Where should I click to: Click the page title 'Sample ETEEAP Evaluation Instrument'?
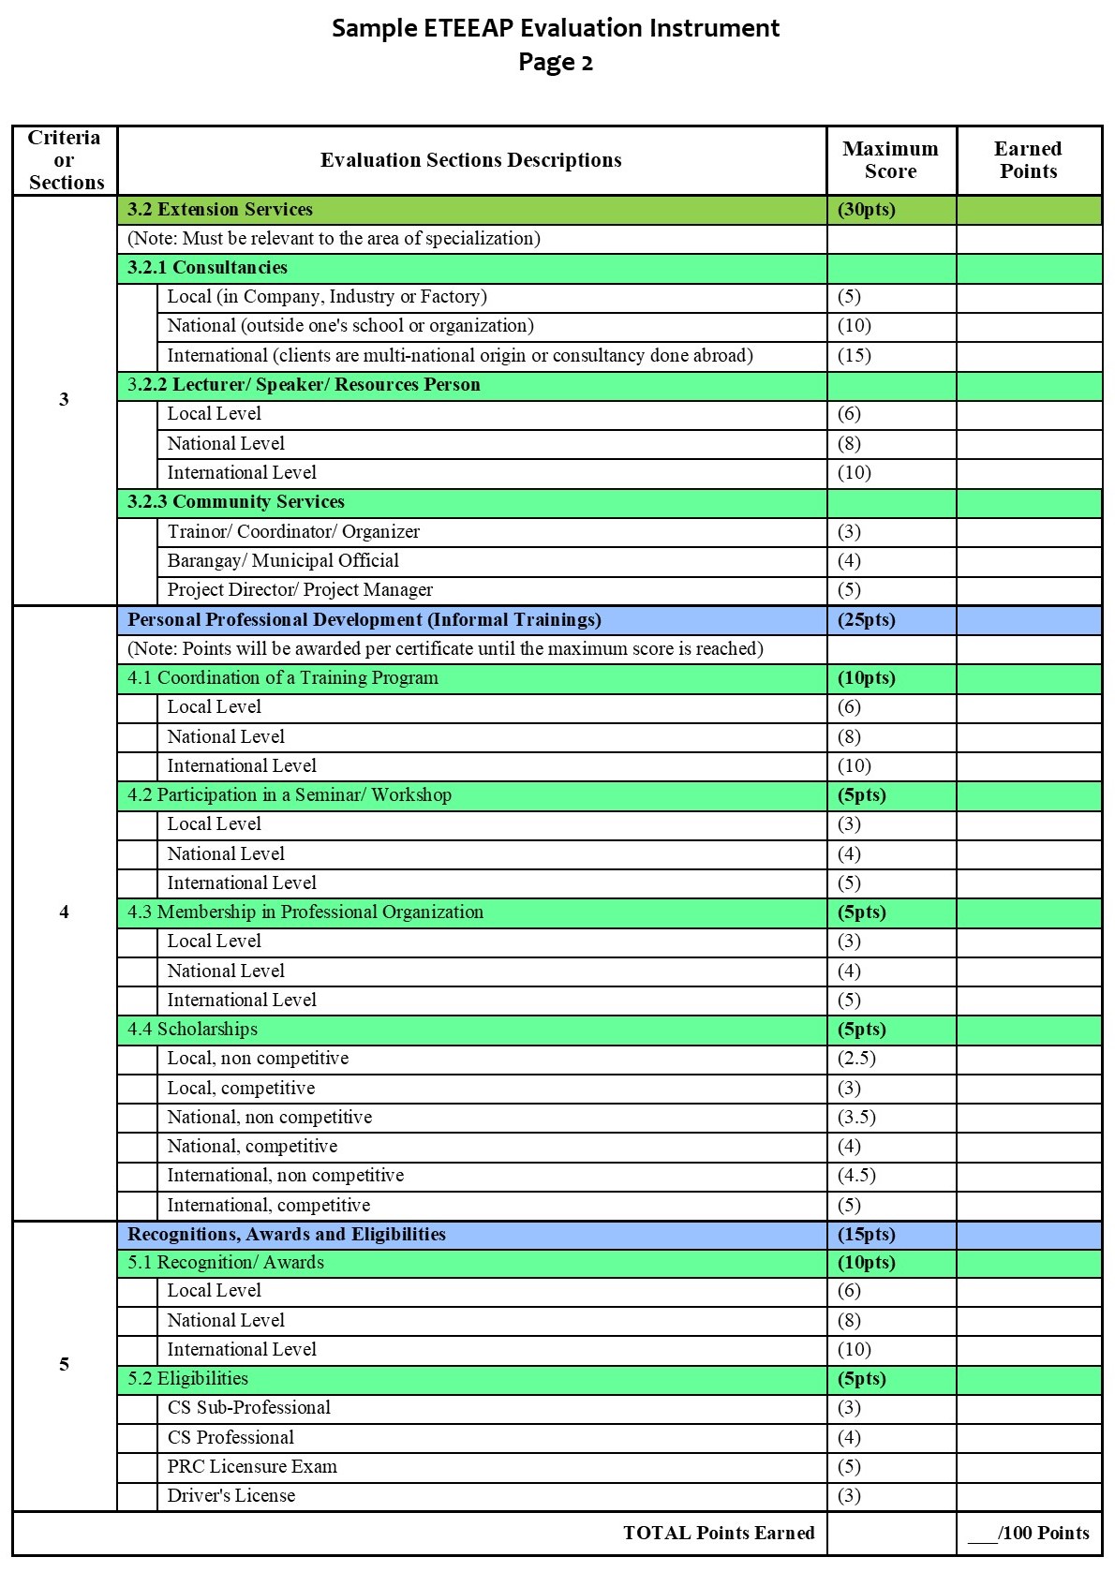click(x=556, y=28)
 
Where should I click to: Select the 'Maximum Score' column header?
click(x=890, y=160)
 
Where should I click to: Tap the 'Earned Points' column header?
click(x=1028, y=160)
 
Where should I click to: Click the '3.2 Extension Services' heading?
click(x=220, y=210)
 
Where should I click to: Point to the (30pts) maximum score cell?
click(x=867, y=210)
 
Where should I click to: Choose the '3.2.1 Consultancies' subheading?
click(x=207, y=268)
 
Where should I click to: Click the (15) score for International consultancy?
click(x=855, y=356)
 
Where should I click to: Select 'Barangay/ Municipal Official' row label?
click(x=283, y=561)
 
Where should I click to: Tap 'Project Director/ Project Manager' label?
click(x=300, y=590)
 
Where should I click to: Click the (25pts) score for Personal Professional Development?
click(x=867, y=620)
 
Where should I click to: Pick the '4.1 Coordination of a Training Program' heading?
click(x=283, y=678)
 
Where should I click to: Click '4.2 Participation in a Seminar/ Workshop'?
click(x=290, y=795)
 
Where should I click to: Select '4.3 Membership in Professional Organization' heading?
click(x=305, y=912)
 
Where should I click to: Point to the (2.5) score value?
click(x=857, y=1059)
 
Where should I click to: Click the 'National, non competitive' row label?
click(x=270, y=1118)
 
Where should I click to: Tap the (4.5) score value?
click(x=857, y=1176)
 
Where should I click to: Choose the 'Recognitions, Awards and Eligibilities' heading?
click(x=287, y=1235)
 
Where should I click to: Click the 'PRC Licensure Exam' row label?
click(x=252, y=1467)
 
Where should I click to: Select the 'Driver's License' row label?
click(x=231, y=1496)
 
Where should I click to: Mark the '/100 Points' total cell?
click(x=1029, y=1534)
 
